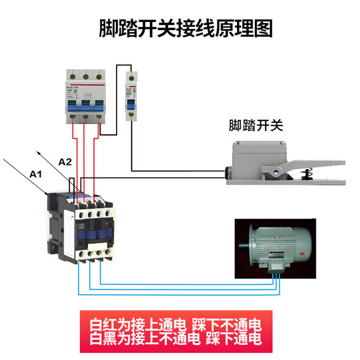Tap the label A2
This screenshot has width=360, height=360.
point(65,162)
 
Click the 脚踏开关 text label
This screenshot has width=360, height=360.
point(256,126)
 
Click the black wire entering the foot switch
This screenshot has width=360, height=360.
point(180,171)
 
